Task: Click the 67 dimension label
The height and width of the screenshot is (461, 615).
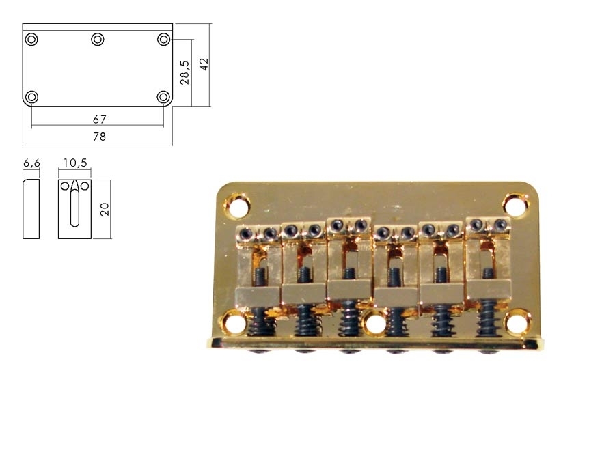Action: point(100,119)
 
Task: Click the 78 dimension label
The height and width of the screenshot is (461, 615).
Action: point(99,137)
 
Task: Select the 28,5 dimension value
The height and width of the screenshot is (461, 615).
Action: point(184,72)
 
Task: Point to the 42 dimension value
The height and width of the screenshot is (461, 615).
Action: point(204,64)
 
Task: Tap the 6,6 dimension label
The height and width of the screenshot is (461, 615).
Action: point(31,163)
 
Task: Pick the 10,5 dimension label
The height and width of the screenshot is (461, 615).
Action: point(75,163)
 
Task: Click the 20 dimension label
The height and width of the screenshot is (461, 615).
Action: point(105,210)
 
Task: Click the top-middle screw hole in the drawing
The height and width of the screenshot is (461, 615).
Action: point(98,40)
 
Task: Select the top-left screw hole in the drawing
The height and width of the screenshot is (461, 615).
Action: point(31,40)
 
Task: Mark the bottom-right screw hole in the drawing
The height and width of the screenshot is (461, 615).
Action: point(163,97)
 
